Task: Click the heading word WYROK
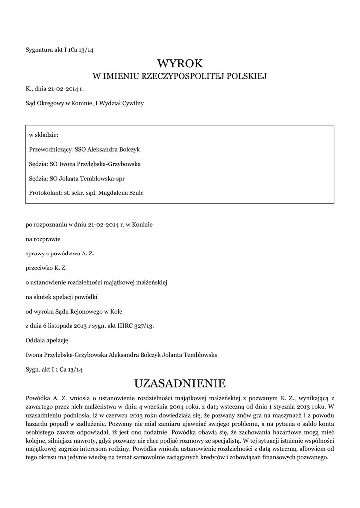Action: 180,63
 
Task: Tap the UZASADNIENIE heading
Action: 180,383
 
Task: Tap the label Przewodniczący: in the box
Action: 51,149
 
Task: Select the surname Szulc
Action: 136,192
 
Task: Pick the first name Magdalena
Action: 111,192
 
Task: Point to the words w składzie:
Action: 44,134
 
